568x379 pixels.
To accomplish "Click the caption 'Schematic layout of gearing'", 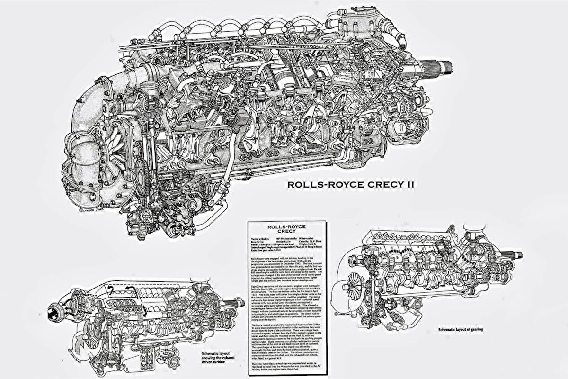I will [x=464, y=329].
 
